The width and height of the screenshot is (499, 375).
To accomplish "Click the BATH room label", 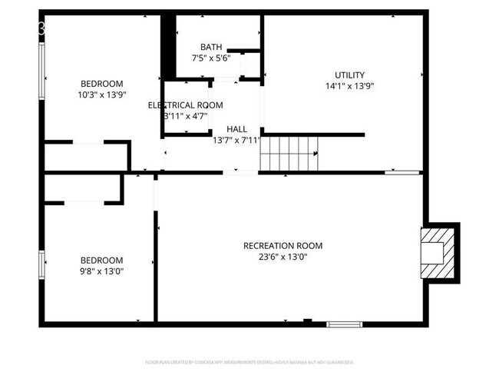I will [x=211, y=47].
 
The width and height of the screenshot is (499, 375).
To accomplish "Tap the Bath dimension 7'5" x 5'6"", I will [x=211, y=58].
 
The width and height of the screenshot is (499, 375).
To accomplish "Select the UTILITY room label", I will [x=349, y=75].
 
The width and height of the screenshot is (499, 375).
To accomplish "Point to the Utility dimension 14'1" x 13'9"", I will [x=349, y=86].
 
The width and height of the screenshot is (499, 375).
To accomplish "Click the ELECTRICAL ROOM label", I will [x=186, y=105].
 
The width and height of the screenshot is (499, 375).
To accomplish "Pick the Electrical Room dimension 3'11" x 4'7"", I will [x=186, y=116].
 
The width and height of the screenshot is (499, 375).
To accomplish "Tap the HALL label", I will [x=236, y=128].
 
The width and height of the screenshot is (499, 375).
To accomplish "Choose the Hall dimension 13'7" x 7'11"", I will [x=236, y=140].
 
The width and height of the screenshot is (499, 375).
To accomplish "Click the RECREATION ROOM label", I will [x=283, y=246].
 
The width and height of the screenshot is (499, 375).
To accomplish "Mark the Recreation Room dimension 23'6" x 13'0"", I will [x=283, y=257].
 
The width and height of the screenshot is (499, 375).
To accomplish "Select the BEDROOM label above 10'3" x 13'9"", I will [x=102, y=83].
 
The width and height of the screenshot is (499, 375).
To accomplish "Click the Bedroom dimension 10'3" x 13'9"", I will [x=102, y=95].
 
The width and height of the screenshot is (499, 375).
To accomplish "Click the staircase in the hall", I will [x=289, y=153].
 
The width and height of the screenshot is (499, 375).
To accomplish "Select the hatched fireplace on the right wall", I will [x=437, y=251].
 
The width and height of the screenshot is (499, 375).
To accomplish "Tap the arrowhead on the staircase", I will [x=315, y=153].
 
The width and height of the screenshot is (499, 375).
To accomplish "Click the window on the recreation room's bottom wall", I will [x=343, y=324].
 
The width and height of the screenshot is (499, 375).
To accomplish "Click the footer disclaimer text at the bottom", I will [x=249, y=361].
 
